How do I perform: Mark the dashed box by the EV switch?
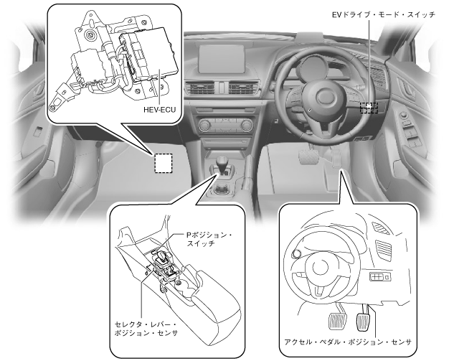click(x=369, y=108)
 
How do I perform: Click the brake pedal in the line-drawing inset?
click(x=334, y=316)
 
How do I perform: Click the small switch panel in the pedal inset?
click(x=377, y=277)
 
